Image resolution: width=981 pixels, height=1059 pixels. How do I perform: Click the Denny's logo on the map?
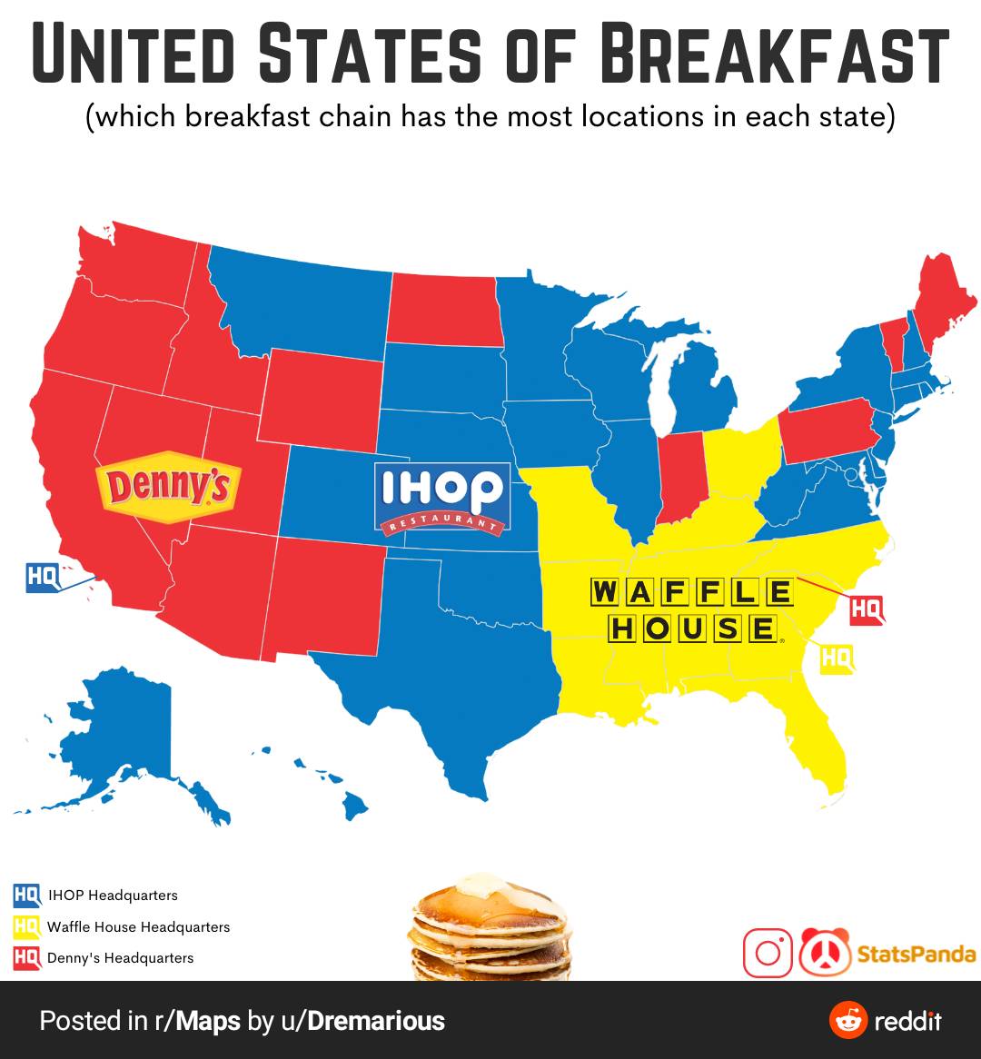[x=169, y=487]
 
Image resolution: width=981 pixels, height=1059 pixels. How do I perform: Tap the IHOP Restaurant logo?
[x=441, y=498]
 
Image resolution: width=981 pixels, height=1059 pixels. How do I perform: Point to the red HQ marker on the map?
[x=866, y=610]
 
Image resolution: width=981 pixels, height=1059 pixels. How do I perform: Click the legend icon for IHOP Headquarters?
[x=26, y=896]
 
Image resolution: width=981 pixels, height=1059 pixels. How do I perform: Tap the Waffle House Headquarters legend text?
[x=138, y=927]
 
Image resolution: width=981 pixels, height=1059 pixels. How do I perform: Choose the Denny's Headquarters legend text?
[x=120, y=958]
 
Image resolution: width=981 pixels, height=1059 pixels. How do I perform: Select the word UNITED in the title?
[x=135, y=54]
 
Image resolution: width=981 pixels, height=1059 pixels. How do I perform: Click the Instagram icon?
[x=768, y=953]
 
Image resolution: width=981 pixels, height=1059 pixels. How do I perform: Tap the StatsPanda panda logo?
[x=825, y=953]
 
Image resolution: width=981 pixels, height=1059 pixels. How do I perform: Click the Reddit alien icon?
[x=847, y=1020]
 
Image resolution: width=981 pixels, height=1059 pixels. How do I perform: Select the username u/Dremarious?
[x=362, y=1021]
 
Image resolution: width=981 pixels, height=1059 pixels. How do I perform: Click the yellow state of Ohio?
[x=740, y=463]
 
